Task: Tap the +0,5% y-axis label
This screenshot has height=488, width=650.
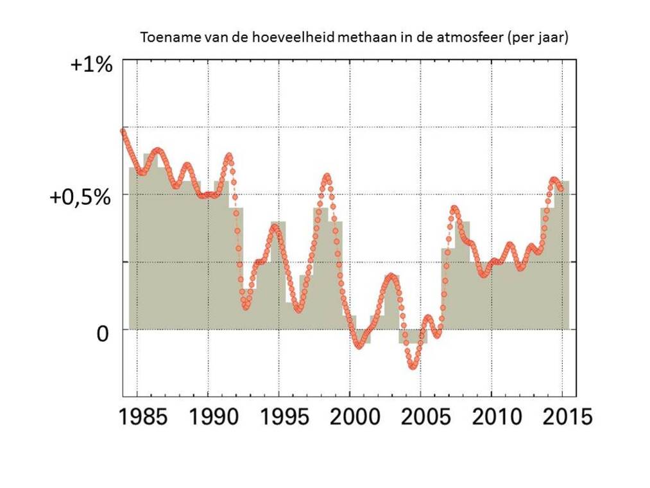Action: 80,197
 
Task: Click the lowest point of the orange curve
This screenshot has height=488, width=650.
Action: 413,366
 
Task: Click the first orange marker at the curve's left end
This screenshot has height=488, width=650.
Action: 123,131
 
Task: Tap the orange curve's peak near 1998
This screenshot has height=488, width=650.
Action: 327,176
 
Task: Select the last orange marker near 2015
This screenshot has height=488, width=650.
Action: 561,188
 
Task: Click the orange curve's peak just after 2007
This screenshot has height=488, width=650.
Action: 454,209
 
